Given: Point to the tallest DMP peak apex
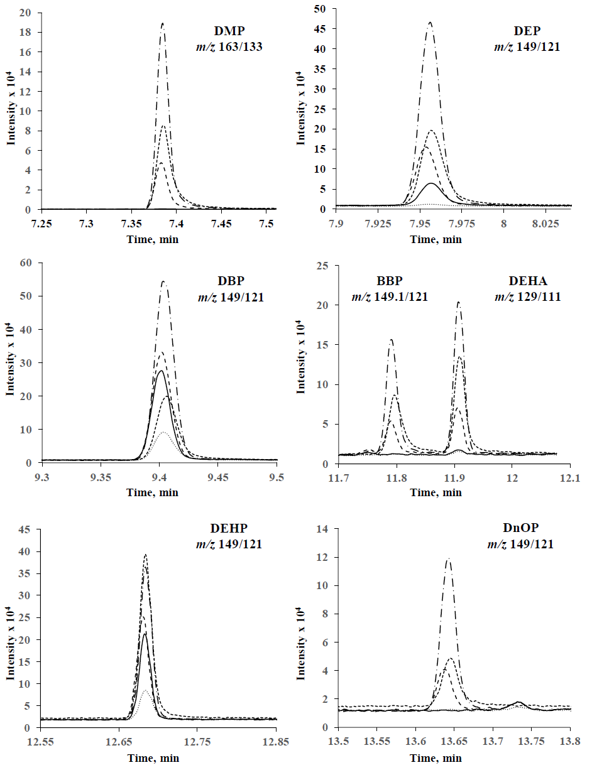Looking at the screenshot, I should (163, 24).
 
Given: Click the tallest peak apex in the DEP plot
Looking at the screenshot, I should (430, 23).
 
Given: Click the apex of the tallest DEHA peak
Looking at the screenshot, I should (458, 302).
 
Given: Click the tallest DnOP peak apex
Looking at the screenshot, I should (448, 559).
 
